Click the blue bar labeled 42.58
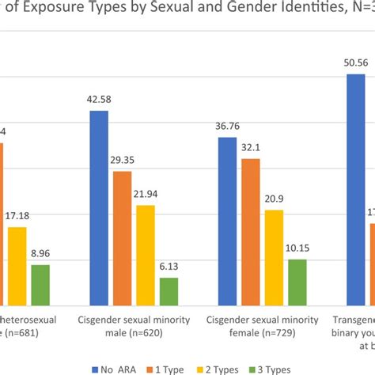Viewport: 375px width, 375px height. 99,208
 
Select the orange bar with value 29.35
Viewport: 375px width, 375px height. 123,238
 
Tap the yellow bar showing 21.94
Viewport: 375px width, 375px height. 146,255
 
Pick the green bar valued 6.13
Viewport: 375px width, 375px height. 169,290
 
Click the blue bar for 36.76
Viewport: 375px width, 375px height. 227,221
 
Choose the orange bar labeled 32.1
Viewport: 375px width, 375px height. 250,232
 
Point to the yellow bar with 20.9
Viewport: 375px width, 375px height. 274,257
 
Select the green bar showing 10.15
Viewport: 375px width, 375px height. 297,282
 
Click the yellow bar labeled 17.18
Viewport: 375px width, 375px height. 17,266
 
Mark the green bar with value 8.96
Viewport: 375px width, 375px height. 40,284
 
